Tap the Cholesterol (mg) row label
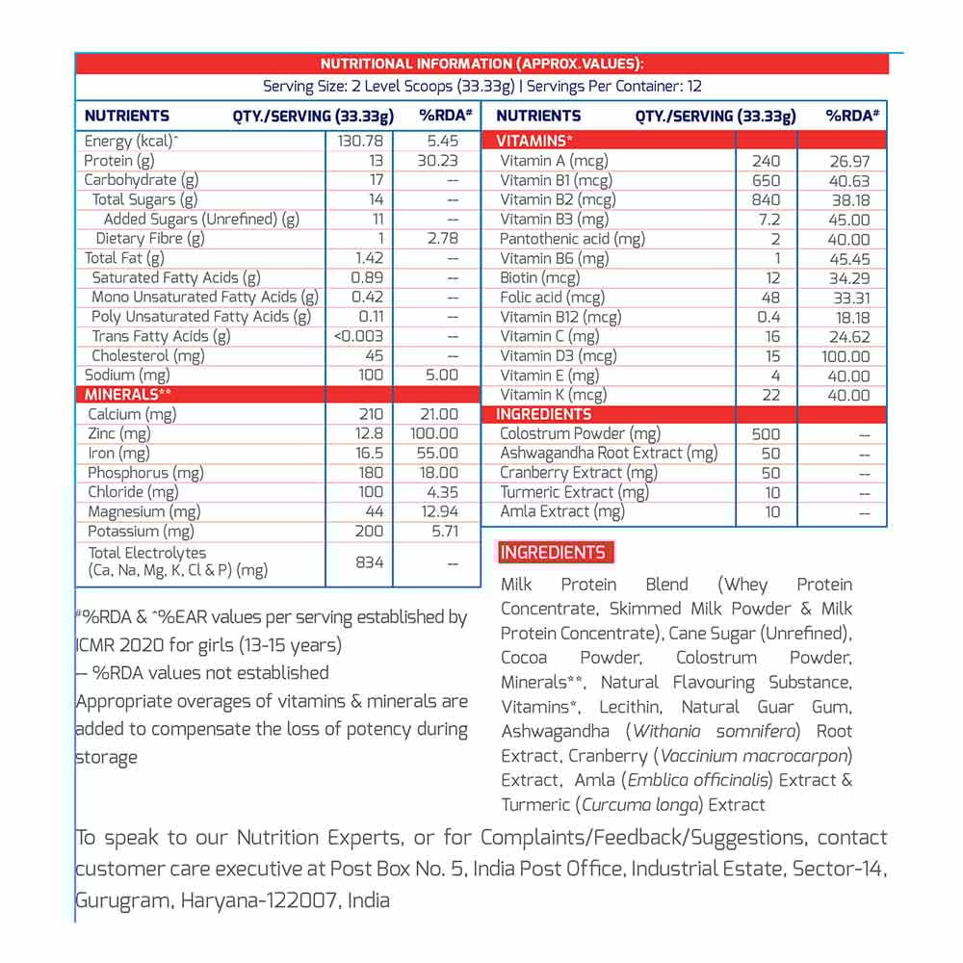click(148, 356)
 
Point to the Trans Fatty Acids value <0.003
click(359, 336)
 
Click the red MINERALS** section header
click(128, 395)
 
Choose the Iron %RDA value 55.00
click(436, 454)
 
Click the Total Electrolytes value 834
click(370, 561)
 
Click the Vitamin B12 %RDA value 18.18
click(849, 317)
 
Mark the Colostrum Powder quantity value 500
click(766, 434)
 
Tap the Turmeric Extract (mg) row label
click(574, 492)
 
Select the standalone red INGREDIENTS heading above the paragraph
click(553, 553)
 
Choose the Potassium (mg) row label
click(141, 532)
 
